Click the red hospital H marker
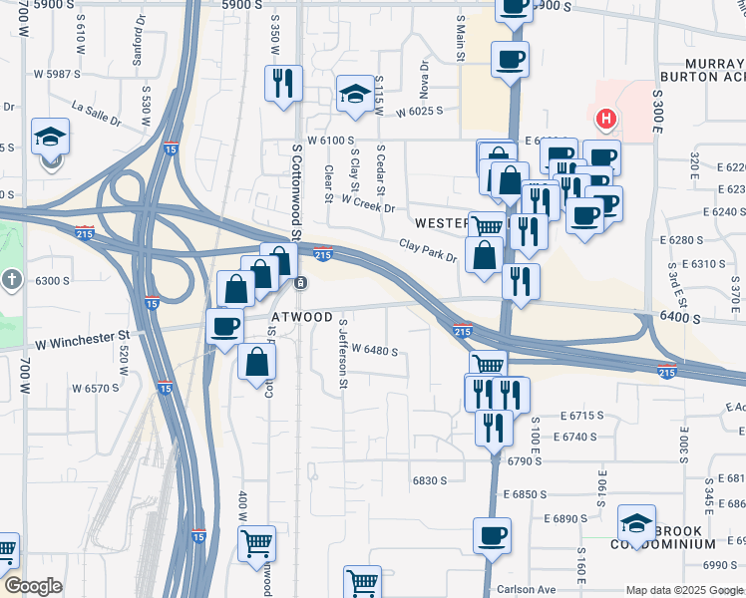[x=604, y=121]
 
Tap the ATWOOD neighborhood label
[x=302, y=317]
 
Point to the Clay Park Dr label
[x=427, y=250]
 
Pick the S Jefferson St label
[x=343, y=359]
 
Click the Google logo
[x=33, y=586]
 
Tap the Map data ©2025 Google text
[x=684, y=590]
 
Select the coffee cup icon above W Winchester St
[x=224, y=326]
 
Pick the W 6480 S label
[x=374, y=351]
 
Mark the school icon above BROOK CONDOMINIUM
[x=636, y=521]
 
